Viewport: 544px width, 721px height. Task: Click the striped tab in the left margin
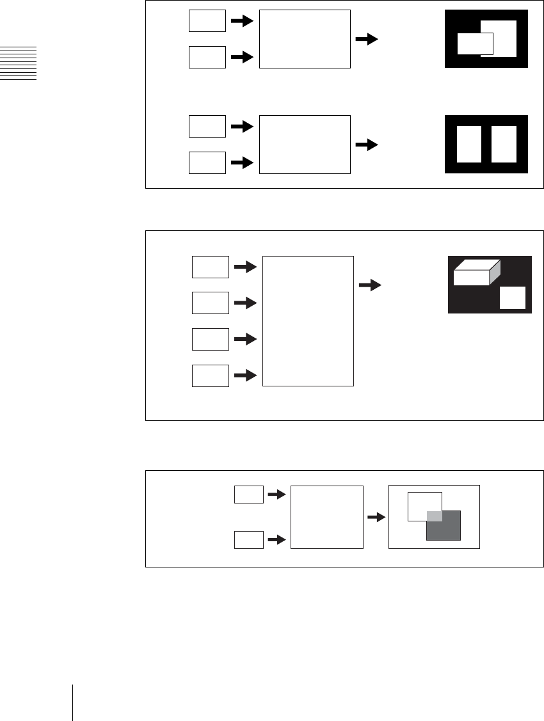18,63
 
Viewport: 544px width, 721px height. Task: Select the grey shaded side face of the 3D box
494,274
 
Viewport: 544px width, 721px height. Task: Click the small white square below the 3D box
512,298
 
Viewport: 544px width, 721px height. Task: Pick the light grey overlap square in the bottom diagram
435,516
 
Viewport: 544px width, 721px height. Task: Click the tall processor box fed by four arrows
308,321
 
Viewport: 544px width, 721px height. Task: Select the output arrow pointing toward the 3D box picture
369,285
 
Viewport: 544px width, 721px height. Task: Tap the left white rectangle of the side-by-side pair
469,144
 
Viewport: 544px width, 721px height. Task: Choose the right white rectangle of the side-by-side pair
503,144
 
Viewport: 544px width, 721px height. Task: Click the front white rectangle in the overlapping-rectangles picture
475,44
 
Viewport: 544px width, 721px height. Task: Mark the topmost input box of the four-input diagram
211,267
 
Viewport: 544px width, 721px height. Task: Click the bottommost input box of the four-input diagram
211,376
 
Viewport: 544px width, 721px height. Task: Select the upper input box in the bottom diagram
248,495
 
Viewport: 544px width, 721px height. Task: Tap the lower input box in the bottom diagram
248,541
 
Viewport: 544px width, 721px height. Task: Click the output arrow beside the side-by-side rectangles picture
366,145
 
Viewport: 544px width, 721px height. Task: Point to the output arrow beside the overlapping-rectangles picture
366,40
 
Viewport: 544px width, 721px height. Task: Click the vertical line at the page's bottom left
73,702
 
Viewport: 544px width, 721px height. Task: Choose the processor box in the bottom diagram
326,517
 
